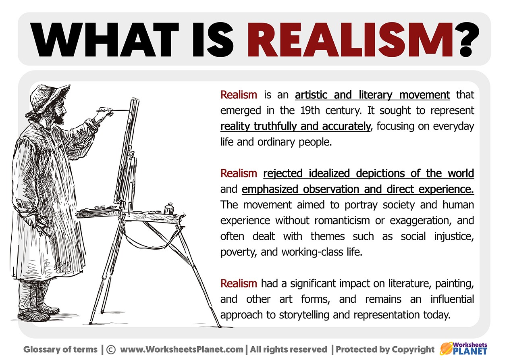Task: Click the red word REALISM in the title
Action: (x=349, y=40)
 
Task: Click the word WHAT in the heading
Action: (x=104, y=40)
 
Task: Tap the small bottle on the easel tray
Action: (x=169, y=209)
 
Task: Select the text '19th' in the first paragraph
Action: (x=310, y=111)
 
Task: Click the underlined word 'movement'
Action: (x=424, y=95)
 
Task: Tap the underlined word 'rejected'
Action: (x=283, y=174)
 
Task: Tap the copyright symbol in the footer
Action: (x=111, y=350)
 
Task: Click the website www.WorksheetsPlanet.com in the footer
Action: (x=182, y=350)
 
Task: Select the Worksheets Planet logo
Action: (x=463, y=348)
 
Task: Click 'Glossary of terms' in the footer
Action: (x=60, y=350)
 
